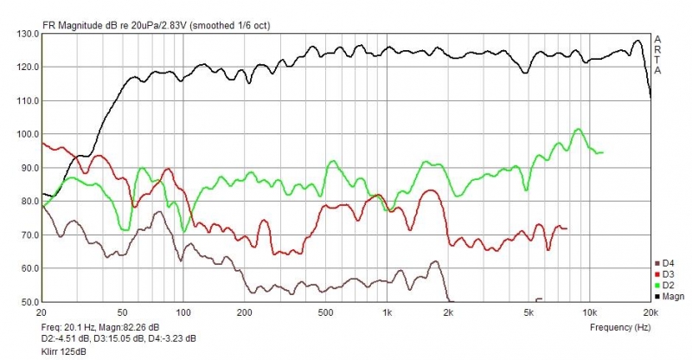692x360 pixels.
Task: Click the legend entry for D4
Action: tap(668, 263)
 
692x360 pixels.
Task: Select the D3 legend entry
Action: tap(668, 274)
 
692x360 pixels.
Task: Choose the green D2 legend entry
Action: tap(668, 286)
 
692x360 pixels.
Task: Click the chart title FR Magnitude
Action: tap(156, 25)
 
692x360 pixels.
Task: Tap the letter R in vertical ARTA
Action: tap(658, 49)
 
